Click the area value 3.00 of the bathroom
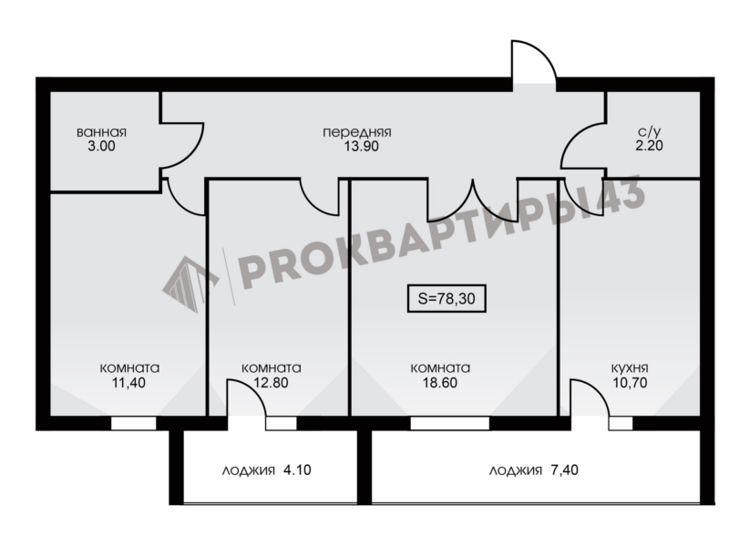101,146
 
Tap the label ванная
101,132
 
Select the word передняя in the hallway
357,132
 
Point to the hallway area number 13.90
361,146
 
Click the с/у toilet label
649,131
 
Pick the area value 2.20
649,146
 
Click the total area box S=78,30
447,298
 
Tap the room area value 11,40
128,383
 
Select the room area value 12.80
271,383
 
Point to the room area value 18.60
440,383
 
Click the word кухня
630,368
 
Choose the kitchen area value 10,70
630,383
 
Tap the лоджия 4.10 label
266,470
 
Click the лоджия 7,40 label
534,470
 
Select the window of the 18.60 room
449,423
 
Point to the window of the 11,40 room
134,423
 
